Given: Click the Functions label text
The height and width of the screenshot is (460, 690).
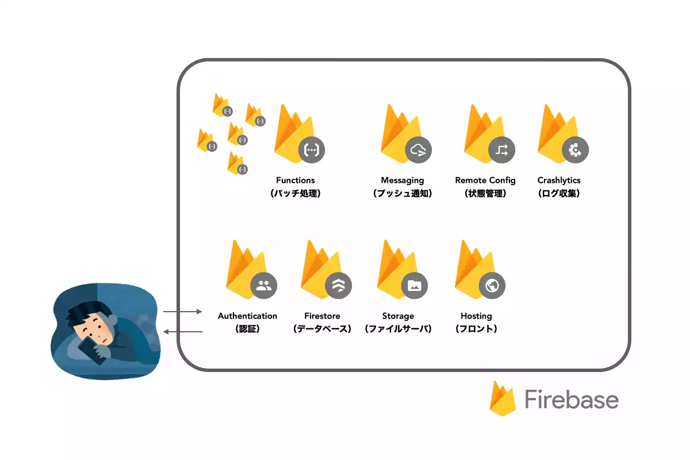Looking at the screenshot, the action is click(296, 180).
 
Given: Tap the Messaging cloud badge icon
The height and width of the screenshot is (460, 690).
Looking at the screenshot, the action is click(418, 150).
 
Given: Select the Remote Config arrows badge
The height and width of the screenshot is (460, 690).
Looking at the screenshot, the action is click(501, 150).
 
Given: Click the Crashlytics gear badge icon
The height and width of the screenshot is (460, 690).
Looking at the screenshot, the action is click(575, 150).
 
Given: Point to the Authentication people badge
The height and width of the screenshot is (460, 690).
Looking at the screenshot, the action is click(264, 286).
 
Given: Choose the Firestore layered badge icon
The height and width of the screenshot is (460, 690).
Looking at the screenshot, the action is click(338, 286).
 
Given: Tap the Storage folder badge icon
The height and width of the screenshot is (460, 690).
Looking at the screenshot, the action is click(415, 286).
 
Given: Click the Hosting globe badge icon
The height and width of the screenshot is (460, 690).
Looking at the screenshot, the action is click(492, 286).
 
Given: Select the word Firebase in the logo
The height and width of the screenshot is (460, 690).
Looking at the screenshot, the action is click(572, 399).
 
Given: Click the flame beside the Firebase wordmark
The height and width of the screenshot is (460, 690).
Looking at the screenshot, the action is click(503, 398).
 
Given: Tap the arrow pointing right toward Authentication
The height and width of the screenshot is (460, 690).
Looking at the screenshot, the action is click(182, 312).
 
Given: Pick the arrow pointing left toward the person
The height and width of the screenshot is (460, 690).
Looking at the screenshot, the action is click(183, 332).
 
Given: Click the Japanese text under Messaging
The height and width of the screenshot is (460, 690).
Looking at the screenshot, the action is click(402, 194).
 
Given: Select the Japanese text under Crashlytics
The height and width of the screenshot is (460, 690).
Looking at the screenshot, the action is click(559, 194).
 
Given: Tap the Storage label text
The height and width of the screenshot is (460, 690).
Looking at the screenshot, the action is click(398, 316).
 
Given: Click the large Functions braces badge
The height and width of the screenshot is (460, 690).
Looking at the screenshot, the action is click(312, 150).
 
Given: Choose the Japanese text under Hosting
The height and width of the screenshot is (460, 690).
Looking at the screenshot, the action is click(476, 329).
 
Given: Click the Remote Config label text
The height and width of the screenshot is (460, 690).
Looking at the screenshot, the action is click(485, 181).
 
